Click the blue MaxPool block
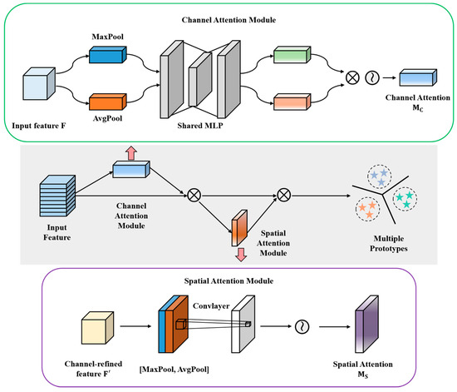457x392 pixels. [x=107, y=55]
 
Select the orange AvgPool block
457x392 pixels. [x=107, y=102]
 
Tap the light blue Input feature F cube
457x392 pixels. [x=39, y=84]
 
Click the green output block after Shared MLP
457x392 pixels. [x=292, y=55]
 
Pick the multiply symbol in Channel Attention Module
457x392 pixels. [x=352, y=78]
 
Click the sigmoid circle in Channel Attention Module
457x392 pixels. [x=372, y=78]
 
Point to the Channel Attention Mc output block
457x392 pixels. [x=418, y=77]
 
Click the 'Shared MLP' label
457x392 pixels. [x=200, y=126]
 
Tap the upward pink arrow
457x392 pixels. [x=131, y=153]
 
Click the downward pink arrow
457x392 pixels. [x=241, y=255]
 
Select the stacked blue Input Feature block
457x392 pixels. [x=57, y=196]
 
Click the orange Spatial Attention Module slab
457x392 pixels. [x=239, y=228]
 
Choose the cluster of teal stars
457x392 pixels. [x=405, y=199]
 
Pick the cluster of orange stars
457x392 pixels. [x=367, y=209]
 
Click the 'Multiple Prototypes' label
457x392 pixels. [x=389, y=243]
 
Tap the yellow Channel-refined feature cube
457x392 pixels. [x=97, y=328]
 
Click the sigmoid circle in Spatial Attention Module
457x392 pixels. [x=302, y=326]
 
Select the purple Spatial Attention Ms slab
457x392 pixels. [x=366, y=324]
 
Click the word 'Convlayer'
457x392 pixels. [x=211, y=306]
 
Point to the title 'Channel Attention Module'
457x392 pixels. [x=228, y=20]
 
